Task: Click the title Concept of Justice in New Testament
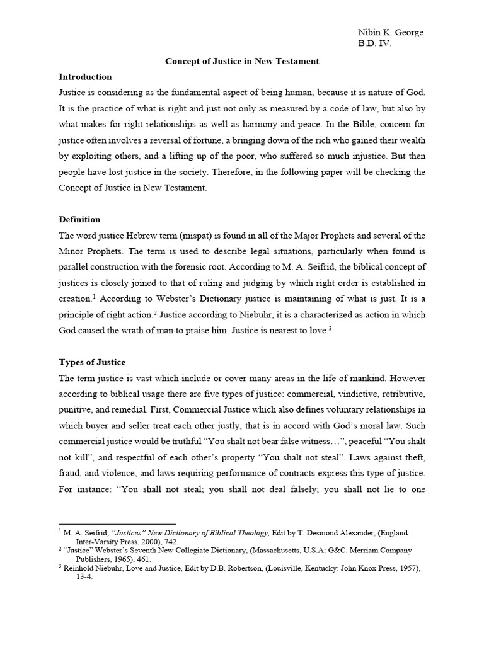[x=242, y=61]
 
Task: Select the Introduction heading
[x=85, y=77]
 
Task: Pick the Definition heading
[x=79, y=219]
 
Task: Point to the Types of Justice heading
[x=92, y=362]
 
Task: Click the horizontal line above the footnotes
[x=117, y=524]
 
